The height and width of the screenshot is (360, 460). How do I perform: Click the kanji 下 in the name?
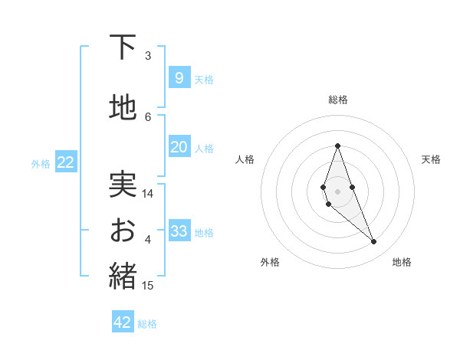(x=123, y=47)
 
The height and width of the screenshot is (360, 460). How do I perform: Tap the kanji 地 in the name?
(x=123, y=108)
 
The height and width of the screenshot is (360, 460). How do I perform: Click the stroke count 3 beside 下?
(x=148, y=56)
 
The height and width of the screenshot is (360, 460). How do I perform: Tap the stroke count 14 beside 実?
(x=148, y=194)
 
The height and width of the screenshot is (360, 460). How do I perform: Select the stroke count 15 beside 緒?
(x=148, y=286)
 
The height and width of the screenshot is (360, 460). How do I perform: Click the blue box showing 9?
(x=179, y=77)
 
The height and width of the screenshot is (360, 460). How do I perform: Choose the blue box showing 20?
(x=179, y=147)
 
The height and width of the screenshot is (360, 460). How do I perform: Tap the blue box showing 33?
(x=179, y=231)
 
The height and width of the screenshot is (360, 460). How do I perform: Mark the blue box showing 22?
(x=65, y=162)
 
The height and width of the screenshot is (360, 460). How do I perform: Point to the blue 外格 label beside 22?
(x=41, y=163)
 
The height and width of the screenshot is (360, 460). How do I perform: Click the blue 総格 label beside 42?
(x=147, y=324)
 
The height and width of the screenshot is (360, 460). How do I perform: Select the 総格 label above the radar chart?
(x=337, y=100)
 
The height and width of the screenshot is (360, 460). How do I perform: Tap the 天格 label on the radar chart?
(x=431, y=159)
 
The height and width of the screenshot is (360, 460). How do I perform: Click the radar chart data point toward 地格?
(x=374, y=242)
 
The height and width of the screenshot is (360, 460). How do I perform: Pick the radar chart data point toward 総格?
(x=337, y=146)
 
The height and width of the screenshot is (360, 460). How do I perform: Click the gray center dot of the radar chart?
(x=337, y=191)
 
